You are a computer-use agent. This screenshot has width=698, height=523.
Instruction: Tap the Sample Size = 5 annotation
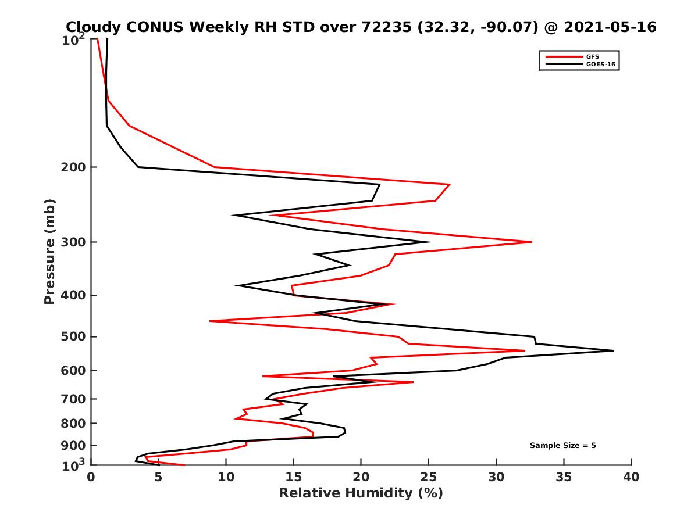[x=562, y=446]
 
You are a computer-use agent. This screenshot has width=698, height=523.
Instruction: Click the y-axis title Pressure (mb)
[x=49, y=252]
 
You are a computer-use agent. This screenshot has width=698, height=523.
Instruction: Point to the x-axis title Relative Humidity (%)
[x=361, y=493]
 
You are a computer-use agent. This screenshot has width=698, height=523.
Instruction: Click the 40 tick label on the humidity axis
[x=631, y=477]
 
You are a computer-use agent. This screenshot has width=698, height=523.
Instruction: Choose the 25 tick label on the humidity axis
[x=429, y=477]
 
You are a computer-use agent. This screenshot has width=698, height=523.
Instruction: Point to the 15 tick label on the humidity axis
[x=293, y=477]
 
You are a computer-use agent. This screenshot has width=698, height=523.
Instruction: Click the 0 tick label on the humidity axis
[x=91, y=477]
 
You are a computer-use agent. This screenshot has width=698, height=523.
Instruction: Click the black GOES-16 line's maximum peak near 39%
[x=612, y=350]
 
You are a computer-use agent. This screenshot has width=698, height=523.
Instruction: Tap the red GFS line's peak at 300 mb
[x=531, y=242]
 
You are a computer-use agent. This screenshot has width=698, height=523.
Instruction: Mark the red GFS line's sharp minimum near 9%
[x=211, y=321]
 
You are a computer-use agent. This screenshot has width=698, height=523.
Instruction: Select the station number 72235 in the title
[x=389, y=27]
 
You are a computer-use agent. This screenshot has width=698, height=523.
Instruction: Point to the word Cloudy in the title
[x=92, y=27]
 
